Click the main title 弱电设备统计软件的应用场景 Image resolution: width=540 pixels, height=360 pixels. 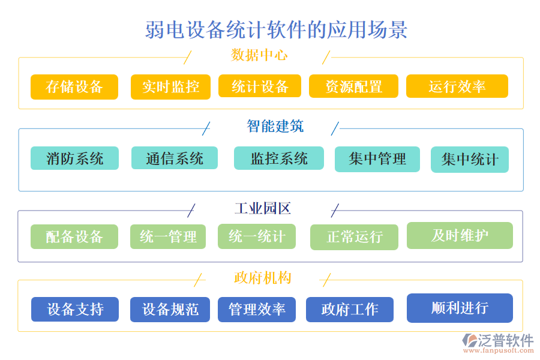click(277, 29)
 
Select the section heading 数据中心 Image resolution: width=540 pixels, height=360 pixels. click(259, 56)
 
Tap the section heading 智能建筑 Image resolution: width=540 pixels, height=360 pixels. click(275, 126)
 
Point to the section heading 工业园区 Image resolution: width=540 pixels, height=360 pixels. click(262, 209)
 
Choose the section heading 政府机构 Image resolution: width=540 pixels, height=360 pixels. click(262, 278)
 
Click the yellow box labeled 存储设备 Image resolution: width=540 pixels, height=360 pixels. click(74, 86)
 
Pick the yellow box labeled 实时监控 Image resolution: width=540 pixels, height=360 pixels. click(170, 86)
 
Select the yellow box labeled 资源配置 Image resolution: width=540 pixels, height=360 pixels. click(353, 86)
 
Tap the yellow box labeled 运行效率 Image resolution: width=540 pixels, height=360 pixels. click(457, 86)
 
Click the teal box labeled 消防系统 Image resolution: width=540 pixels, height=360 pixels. click(74, 158)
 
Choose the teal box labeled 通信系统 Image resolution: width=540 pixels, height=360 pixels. click(174, 158)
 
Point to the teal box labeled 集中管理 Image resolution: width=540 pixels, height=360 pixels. click(377, 159)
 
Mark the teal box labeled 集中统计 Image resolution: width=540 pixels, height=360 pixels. click(469, 160)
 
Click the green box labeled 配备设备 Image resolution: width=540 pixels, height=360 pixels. click(74, 236)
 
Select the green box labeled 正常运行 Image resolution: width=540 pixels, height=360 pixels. click(354, 237)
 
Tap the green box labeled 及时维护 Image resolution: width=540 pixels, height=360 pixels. click(460, 235)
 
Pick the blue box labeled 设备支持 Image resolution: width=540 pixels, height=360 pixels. click(75, 309)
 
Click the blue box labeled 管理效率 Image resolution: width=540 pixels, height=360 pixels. click(257, 310)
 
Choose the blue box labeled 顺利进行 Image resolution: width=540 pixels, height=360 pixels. click(460, 308)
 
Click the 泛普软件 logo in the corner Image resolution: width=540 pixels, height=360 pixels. click(498, 343)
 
